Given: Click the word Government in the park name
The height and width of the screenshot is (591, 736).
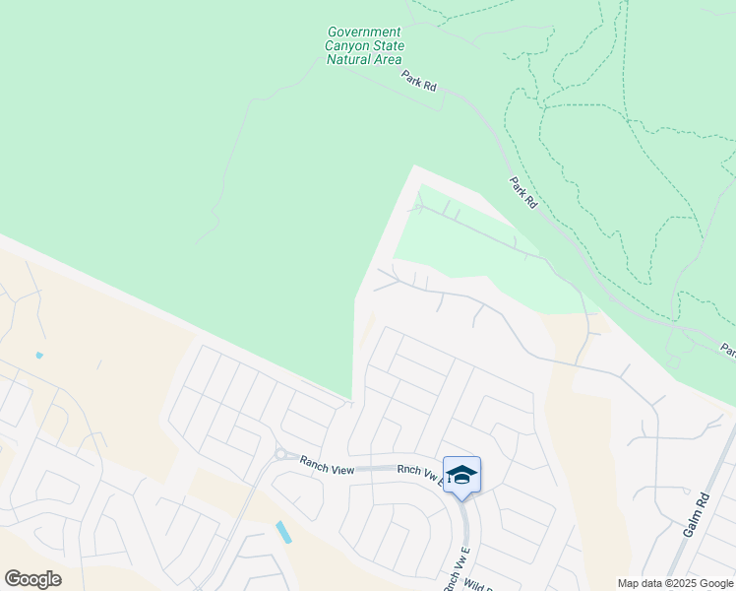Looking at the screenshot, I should (364, 33).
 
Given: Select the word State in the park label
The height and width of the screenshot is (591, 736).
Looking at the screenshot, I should (386, 46).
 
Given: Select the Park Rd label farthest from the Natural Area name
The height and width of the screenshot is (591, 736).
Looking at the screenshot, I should (523, 192).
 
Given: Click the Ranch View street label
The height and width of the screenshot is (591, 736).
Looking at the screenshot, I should (327, 470).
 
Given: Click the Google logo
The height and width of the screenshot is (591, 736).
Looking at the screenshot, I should (32, 579).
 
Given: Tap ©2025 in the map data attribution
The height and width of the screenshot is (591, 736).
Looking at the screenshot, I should (669, 583).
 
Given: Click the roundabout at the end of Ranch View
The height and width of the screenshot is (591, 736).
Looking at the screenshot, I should (280, 455).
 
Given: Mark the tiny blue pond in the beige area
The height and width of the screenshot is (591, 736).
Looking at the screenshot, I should (39, 355).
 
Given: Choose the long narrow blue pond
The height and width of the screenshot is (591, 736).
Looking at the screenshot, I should (283, 532).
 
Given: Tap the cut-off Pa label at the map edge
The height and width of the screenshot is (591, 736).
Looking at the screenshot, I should (728, 350).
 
